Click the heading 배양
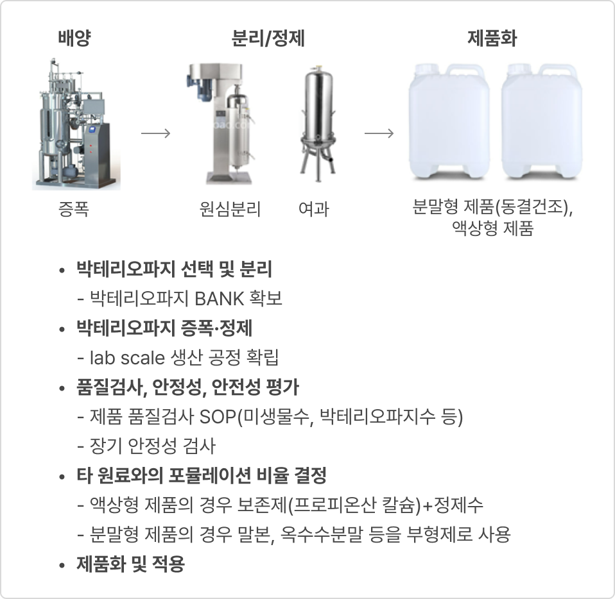click(x=74, y=38)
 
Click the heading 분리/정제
click(x=268, y=38)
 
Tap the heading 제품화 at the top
click(x=492, y=38)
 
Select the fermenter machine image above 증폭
click(x=76, y=123)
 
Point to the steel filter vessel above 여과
click(x=318, y=121)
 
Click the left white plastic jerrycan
click(x=449, y=122)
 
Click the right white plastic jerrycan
click(x=541, y=122)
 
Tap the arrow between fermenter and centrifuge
click(x=156, y=133)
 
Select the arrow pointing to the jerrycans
click(x=379, y=133)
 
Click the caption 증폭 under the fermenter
click(x=73, y=208)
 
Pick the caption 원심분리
click(x=230, y=208)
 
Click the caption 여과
click(x=313, y=208)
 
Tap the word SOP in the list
click(x=218, y=416)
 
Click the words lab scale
click(x=127, y=357)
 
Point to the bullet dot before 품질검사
click(x=62, y=388)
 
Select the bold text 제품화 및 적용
click(x=130, y=563)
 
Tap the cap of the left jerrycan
click(x=423, y=69)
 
